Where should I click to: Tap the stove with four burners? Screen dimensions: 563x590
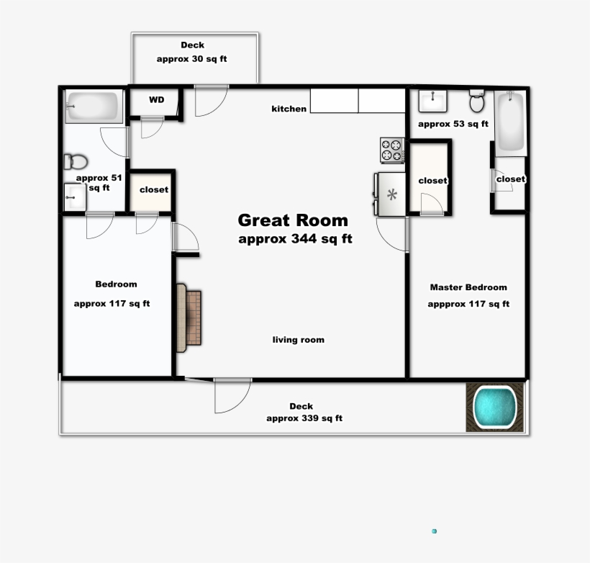[x=392, y=150]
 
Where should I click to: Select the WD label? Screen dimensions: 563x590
[x=156, y=100]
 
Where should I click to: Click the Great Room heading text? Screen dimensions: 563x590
[x=293, y=220]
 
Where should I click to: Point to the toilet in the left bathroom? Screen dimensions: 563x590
[x=75, y=161]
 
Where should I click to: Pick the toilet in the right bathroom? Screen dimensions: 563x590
[x=476, y=102]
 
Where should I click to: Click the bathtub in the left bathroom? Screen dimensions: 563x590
[x=93, y=107]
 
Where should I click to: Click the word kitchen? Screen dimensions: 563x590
[x=289, y=109]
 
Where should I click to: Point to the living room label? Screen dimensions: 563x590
[x=298, y=340]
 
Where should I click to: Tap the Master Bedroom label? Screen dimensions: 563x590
[x=468, y=287]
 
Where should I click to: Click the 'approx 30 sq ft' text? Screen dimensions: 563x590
[x=191, y=59]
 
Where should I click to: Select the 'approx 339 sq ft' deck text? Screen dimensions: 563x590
[x=304, y=418]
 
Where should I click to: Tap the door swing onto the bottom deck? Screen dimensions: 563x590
[x=232, y=395]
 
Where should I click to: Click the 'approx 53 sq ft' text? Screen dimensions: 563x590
[x=453, y=124]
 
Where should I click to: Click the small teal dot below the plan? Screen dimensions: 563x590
[x=435, y=531]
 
